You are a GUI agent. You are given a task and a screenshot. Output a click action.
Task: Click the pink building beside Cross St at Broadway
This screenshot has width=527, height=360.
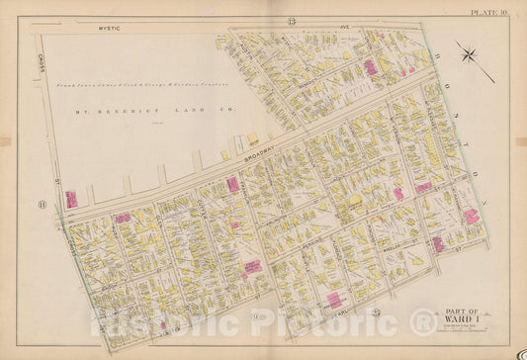point(72,200)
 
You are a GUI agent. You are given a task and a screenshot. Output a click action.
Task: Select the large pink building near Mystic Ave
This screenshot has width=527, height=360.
point(370,67)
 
